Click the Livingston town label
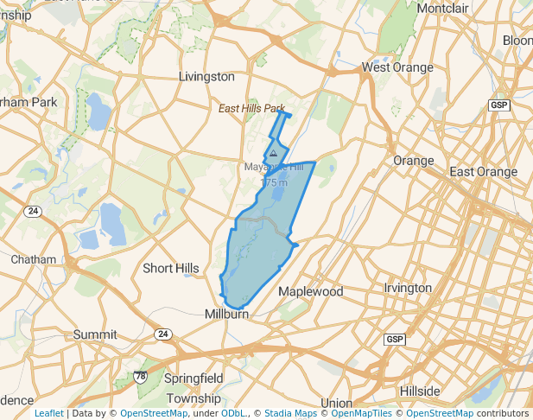click(206, 76)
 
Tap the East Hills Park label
click(251, 109)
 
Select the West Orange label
click(397, 67)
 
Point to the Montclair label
click(442, 9)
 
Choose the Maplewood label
click(310, 292)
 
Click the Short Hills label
click(170, 269)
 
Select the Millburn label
click(226, 315)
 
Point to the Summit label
click(95, 334)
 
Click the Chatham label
click(33, 259)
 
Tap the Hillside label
click(420, 391)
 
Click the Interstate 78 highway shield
click(140, 377)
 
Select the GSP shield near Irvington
click(395, 339)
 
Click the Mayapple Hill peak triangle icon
click(274, 153)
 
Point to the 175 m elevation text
click(273, 182)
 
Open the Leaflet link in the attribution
click(48, 413)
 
